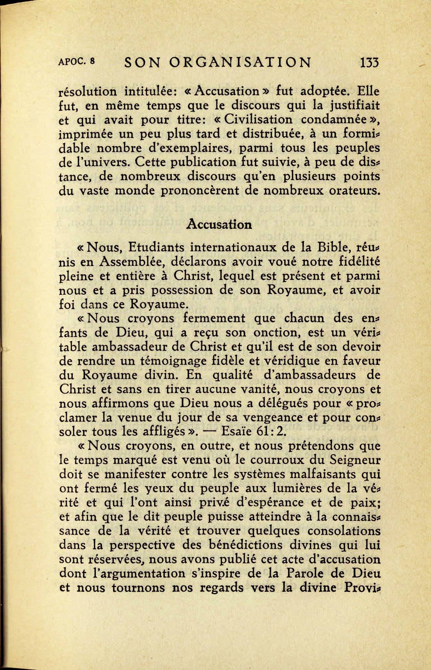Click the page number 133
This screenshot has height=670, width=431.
(x=369, y=62)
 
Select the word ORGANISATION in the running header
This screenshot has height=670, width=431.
(x=240, y=63)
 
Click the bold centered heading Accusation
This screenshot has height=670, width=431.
(x=219, y=224)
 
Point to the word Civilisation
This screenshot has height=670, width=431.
(x=258, y=120)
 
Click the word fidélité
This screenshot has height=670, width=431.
(x=360, y=262)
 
